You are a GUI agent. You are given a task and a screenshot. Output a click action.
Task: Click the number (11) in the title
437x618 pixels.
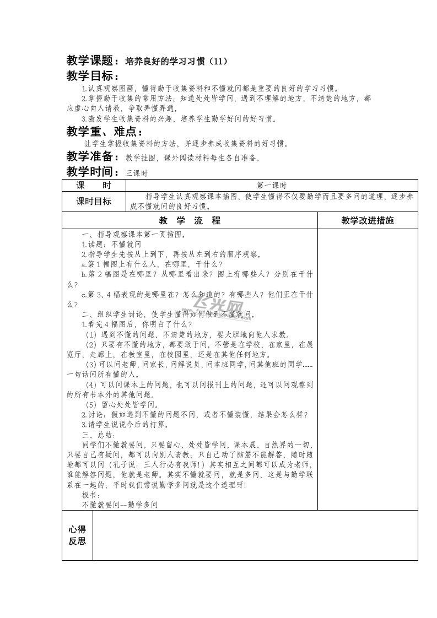[x=218, y=61]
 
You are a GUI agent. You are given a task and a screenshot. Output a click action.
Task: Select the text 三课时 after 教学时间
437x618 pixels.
[x=137, y=173]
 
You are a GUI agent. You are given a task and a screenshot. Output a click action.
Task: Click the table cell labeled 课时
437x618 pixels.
[x=94, y=186]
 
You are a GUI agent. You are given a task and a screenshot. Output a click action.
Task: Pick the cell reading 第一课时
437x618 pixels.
[x=272, y=186]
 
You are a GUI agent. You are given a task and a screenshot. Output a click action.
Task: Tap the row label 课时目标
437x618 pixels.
[x=94, y=202]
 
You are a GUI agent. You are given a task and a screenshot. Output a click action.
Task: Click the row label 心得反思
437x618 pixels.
[x=77, y=535]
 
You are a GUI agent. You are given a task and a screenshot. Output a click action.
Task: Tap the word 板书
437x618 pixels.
[x=90, y=494]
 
